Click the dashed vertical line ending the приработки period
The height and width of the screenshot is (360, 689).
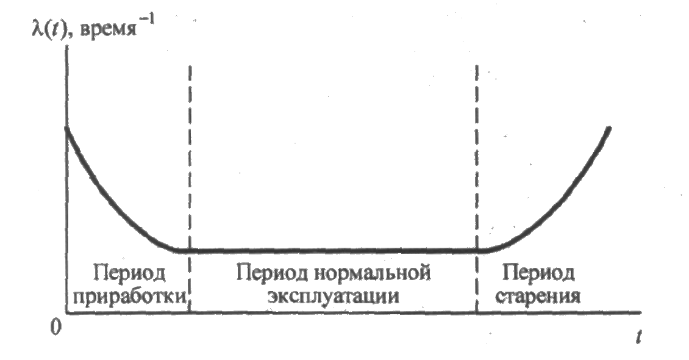click(x=190, y=153)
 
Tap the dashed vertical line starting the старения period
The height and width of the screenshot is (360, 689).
click(x=476, y=153)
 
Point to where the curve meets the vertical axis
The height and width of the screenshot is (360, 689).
click(x=66, y=127)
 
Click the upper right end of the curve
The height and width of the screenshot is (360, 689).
click(x=609, y=128)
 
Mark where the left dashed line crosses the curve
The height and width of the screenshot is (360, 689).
click(x=190, y=250)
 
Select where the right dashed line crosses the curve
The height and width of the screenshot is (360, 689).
click(x=476, y=250)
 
